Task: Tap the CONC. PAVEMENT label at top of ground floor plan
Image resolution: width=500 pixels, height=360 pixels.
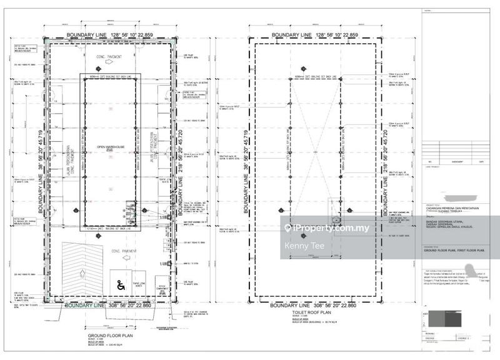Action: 107,56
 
